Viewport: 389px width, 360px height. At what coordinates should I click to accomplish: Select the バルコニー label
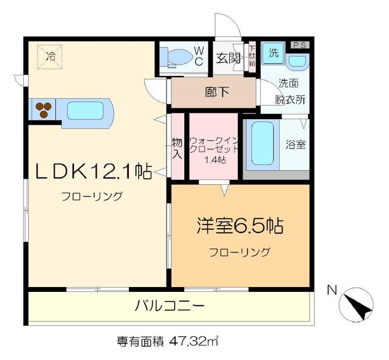coord(170,305)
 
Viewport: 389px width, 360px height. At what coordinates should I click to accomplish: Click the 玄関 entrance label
coord(227,58)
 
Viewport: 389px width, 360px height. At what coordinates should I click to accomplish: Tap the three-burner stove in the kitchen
coord(43,109)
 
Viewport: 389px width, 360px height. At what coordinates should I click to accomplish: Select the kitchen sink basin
coord(85,111)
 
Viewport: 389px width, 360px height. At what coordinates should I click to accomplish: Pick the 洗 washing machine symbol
coord(274,52)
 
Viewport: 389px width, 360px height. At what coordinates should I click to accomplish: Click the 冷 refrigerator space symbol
coord(51,57)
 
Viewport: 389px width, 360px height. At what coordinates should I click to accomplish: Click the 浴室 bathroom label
coord(296,145)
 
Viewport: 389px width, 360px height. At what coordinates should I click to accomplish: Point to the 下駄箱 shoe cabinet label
coord(251,58)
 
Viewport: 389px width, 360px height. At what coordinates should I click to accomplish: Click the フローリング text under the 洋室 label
coord(239,252)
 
